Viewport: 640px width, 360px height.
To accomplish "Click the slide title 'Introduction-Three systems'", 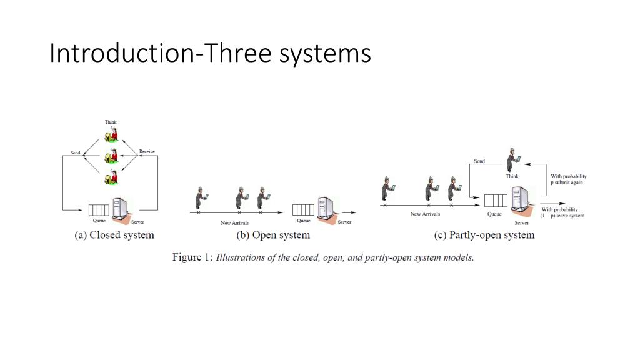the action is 210,54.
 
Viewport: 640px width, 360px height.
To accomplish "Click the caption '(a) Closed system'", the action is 114,235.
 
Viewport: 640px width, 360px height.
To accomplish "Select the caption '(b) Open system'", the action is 272,235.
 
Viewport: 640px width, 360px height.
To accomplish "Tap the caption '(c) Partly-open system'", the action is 484,235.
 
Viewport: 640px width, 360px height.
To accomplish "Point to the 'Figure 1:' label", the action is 192,257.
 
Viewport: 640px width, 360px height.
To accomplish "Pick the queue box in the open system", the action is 303,209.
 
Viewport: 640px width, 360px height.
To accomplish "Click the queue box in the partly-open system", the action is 496,201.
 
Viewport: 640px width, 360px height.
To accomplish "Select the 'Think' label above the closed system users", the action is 111,122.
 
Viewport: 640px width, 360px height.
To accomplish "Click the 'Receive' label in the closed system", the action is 147,151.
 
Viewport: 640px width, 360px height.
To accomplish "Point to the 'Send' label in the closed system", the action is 75,152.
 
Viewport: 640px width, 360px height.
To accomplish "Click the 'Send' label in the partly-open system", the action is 479,161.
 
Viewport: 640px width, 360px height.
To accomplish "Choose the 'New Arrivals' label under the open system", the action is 234,223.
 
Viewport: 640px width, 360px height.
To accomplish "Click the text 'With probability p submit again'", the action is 568,179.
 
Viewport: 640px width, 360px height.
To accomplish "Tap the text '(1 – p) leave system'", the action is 563,216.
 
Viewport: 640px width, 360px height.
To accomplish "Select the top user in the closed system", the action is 111,134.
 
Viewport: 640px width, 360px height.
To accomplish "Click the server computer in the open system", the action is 325,208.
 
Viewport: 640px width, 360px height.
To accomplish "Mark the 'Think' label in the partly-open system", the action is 512,176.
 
